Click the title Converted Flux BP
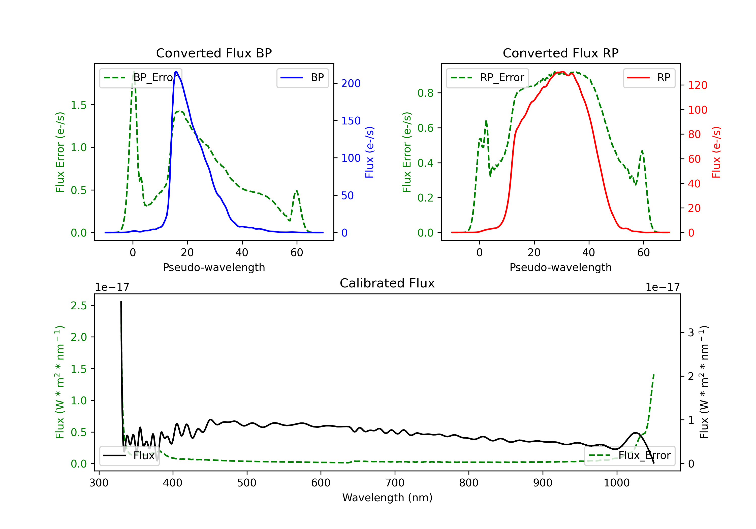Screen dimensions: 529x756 point(214,53)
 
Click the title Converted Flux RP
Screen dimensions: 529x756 point(560,53)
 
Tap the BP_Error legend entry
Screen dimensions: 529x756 point(141,78)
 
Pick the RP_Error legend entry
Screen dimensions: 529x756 point(488,78)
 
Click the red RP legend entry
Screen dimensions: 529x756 point(649,78)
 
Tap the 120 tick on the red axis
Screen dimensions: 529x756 point(697,85)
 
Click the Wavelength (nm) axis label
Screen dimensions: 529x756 point(387,498)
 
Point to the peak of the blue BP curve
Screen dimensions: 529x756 point(176,72)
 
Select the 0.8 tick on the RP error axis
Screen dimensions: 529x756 point(425,93)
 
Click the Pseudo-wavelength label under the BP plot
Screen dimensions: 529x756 point(214,267)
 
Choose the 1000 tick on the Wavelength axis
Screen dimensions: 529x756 point(616,483)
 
